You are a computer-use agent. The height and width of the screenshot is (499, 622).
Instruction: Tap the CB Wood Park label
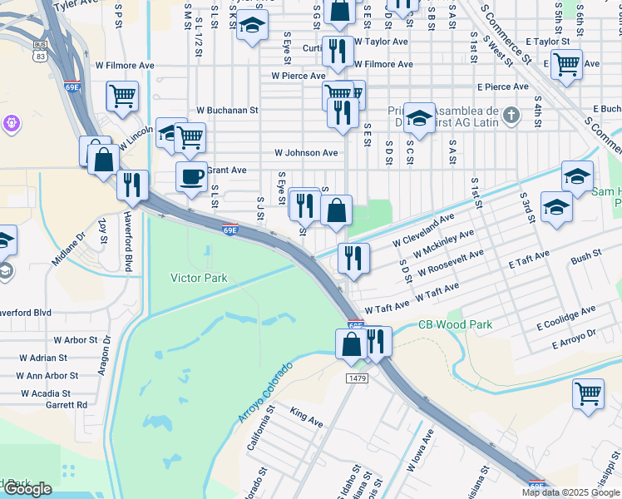point(455,325)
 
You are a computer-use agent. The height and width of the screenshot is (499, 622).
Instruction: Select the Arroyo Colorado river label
point(266,392)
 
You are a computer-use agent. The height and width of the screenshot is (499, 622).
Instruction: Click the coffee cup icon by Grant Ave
point(191,177)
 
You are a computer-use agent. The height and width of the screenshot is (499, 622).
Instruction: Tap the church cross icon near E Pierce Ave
point(514,115)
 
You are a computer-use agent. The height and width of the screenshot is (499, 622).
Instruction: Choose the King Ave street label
point(305,417)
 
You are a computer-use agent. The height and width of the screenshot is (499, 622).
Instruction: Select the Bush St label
point(586,259)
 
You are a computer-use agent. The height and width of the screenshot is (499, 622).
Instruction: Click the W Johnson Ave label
point(306,153)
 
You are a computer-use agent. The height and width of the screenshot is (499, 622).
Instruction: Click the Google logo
point(27,489)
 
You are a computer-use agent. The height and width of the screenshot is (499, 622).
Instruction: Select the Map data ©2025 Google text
point(570,492)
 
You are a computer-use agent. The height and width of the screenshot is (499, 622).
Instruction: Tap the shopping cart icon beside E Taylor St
point(566,63)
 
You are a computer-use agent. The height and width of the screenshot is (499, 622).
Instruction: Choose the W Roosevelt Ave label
point(451,264)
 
